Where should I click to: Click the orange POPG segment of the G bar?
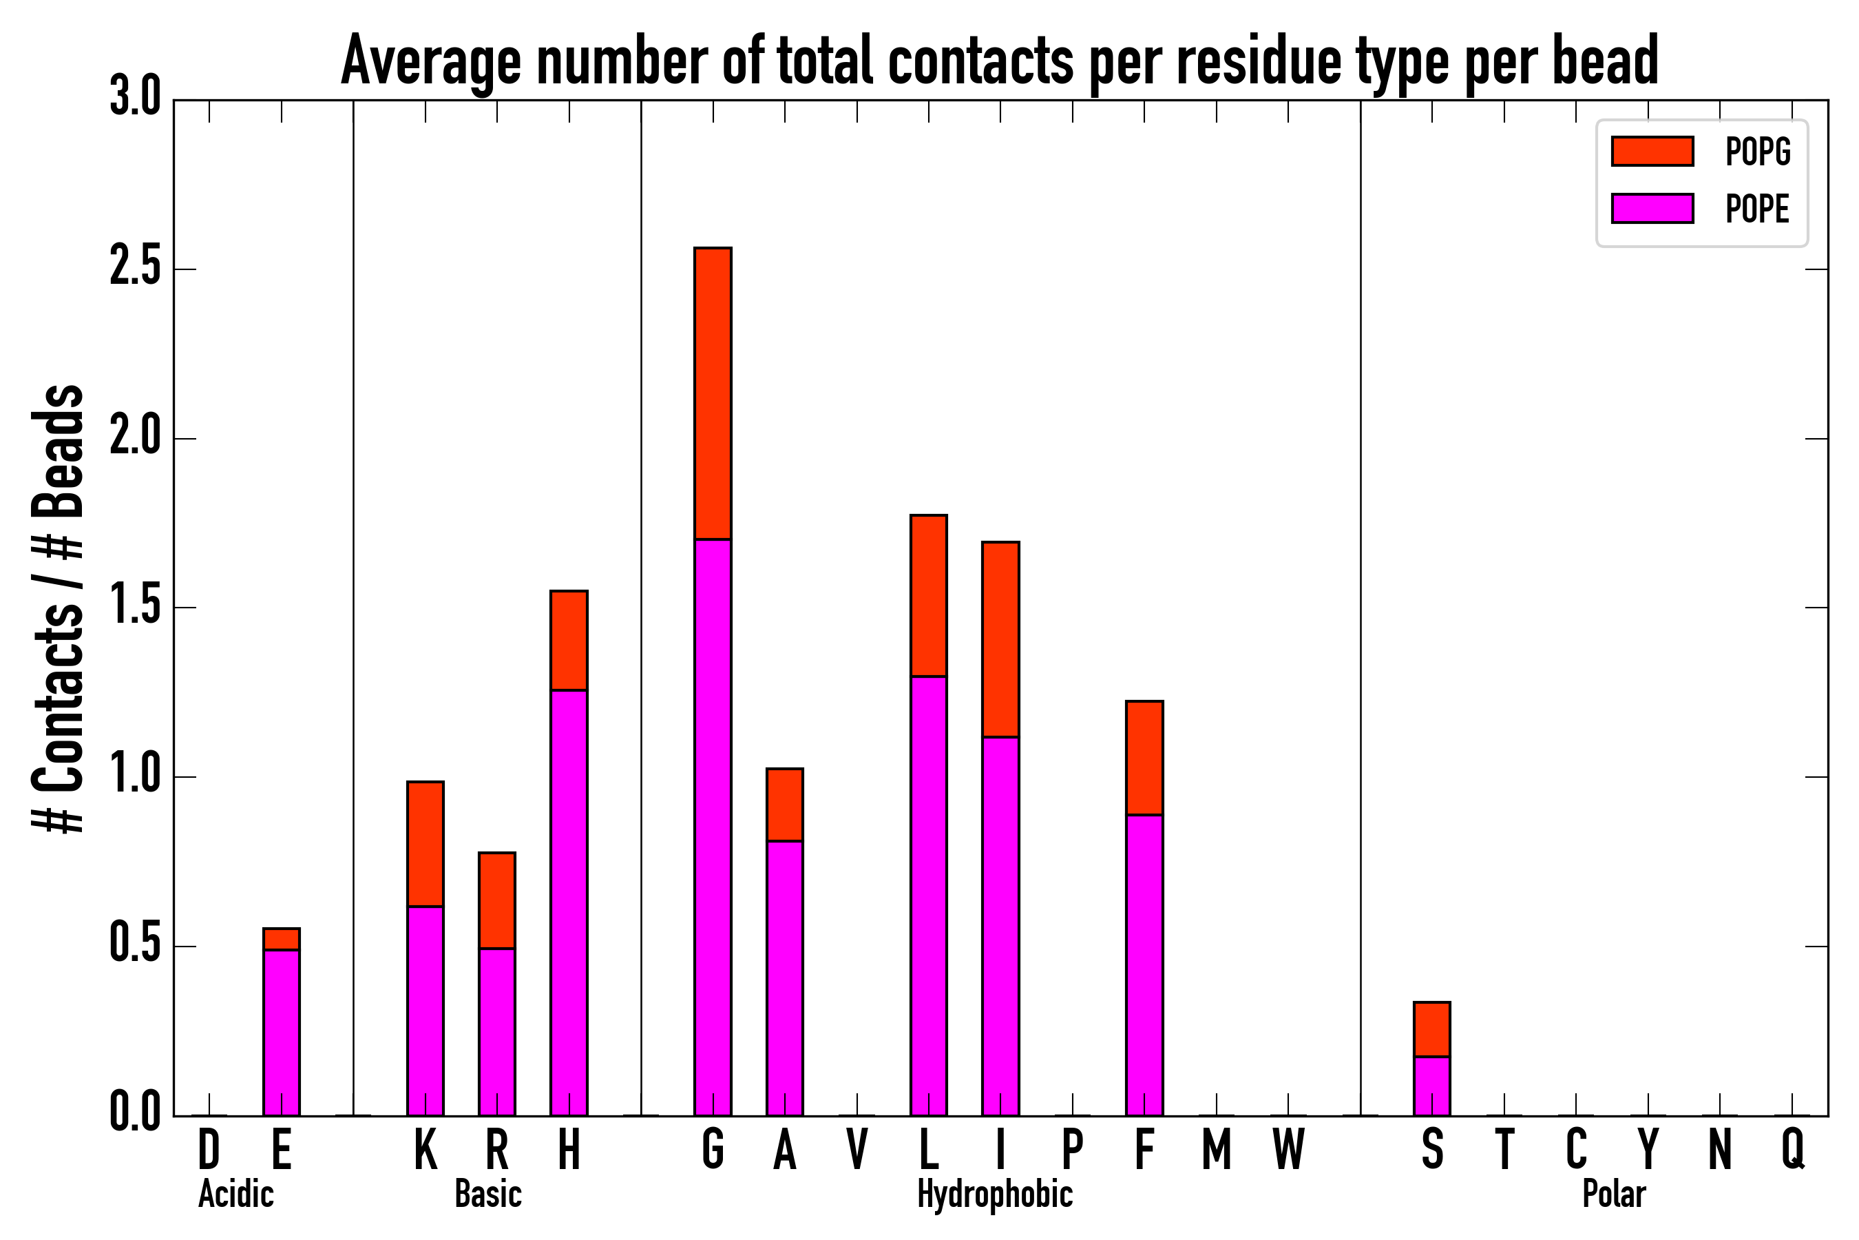[712, 393]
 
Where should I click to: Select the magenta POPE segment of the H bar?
[569, 902]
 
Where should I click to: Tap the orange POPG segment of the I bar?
[1000, 639]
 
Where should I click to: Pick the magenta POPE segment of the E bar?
[282, 1032]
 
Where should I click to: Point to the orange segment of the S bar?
[1431, 1029]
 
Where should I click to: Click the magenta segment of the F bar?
[1144, 965]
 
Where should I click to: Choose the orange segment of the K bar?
[426, 844]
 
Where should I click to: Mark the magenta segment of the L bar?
[928, 895]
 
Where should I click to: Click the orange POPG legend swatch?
[1652, 151]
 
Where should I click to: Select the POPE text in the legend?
[1757, 209]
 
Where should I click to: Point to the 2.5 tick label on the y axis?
[135, 268]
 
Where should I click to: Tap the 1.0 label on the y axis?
[135, 776]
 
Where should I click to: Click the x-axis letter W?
[1288, 1149]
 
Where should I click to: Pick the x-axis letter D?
[209, 1149]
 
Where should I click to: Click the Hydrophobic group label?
[994, 1194]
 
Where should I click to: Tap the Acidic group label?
[235, 1194]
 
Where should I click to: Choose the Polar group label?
[1613, 1194]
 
